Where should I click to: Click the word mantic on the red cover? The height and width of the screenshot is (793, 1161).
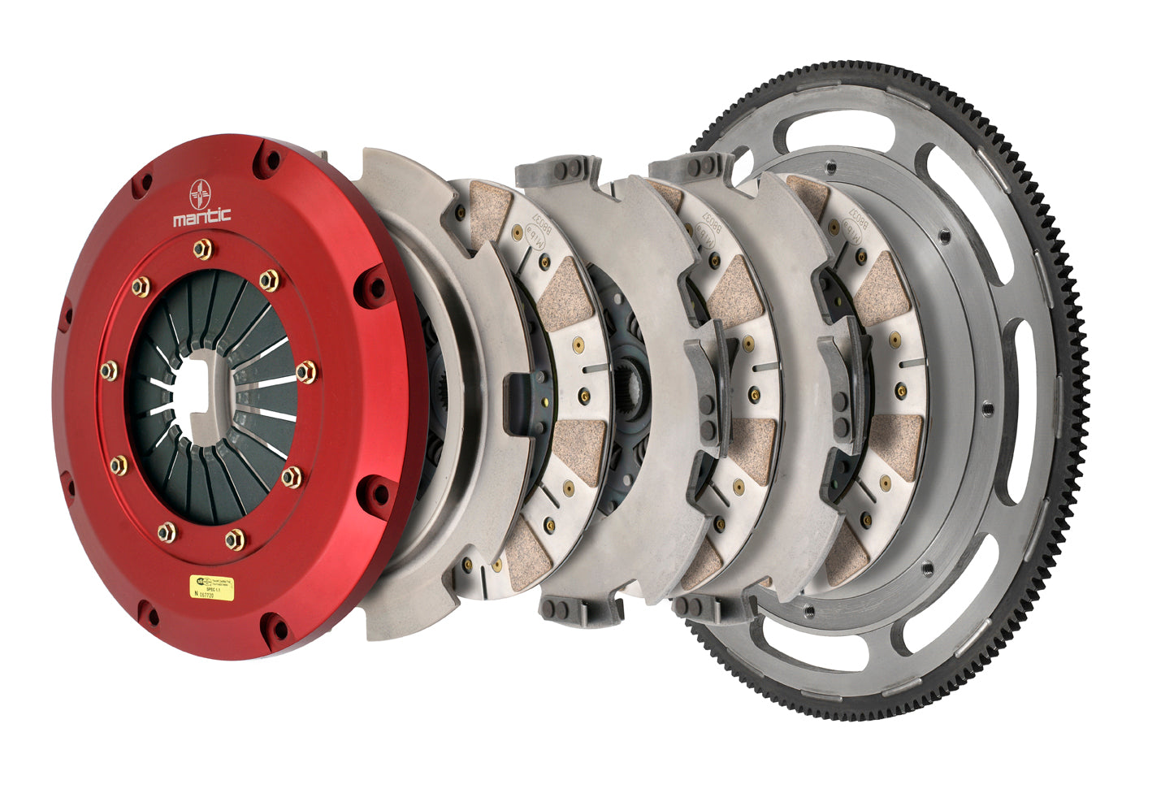[x=201, y=216]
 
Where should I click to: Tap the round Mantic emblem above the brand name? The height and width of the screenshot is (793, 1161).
[x=201, y=194]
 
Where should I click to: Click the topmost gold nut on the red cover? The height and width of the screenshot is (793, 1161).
[x=202, y=248]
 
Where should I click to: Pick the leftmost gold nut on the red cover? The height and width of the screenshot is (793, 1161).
[x=108, y=370]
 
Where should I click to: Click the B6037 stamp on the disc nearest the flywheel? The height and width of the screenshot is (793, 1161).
[x=853, y=219]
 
